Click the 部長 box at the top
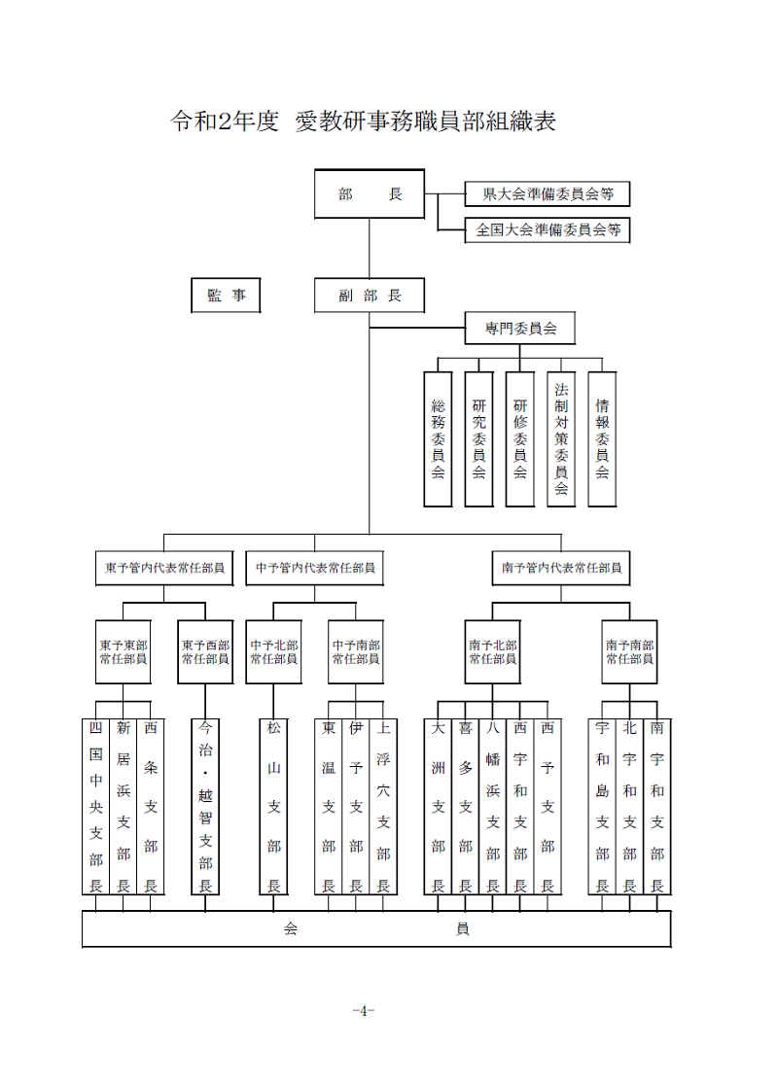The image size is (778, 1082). coord(370,193)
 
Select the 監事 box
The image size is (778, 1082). coord(226,296)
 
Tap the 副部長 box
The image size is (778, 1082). coord(370,296)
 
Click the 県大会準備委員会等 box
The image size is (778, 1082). coord(548,193)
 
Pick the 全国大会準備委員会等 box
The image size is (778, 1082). coord(548,229)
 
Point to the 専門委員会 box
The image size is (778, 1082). coord(520,328)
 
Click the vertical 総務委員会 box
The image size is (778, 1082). coord(438,438)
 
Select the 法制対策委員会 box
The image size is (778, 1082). coord(561,438)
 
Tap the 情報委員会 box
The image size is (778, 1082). coord(602,438)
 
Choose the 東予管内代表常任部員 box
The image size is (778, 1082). coord(164,568)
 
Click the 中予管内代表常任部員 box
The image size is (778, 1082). coord(315,568)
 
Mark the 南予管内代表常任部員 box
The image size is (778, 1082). coord(561,568)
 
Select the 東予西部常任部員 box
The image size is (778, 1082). coord(205,652)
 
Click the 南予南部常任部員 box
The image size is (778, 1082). coord(629,652)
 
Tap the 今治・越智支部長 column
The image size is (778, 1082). coord(205,807)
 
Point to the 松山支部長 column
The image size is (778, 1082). coord(273,807)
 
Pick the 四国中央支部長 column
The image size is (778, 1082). coord(96,807)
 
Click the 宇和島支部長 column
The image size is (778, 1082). coord(602,807)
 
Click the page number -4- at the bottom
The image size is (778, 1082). coord(363,1011)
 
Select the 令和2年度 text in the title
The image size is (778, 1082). coord(225,121)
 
